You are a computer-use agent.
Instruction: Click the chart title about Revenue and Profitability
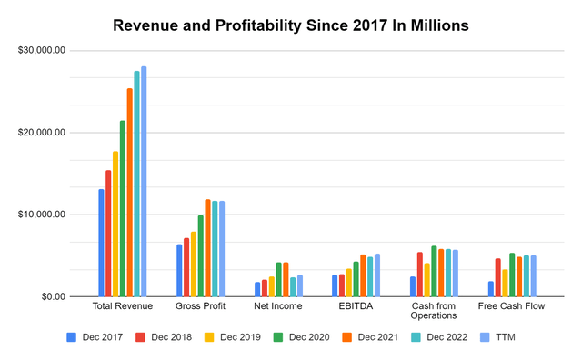click(291, 25)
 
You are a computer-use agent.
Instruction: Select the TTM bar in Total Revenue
click(144, 182)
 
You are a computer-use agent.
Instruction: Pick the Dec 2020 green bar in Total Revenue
click(123, 209)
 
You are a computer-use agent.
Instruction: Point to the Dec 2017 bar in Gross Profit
click(179, 270)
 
